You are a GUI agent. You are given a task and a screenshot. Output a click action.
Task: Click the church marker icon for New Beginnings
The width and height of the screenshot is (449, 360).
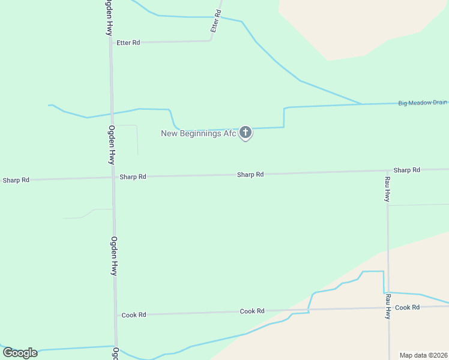click(x=245, y=132)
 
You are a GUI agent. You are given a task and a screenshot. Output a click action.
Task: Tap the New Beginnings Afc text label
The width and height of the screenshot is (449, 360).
click(x=199, y=133)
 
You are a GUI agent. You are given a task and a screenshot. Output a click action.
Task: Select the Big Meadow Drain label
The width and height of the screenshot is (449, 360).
click(x=423, y=103)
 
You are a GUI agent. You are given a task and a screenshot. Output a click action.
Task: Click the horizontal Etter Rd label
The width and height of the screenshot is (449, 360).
click(x=128, y=43)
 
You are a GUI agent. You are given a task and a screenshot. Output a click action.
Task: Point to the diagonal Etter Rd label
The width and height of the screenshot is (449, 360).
click(x=215, y=21)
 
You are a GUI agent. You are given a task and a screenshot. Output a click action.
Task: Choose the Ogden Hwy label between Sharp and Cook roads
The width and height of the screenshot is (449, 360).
click(x=113, y=256)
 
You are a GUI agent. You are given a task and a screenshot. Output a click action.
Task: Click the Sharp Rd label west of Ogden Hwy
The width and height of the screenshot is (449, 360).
click(x=16, y=180)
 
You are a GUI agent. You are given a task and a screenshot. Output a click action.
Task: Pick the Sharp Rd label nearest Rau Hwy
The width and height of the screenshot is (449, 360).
click(x=406, y=170)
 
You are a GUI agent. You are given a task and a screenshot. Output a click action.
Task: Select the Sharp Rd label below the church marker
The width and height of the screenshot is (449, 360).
click(x=250, y=175)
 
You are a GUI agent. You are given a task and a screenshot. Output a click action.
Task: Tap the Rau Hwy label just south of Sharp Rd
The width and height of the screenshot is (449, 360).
click(x=388, y=188)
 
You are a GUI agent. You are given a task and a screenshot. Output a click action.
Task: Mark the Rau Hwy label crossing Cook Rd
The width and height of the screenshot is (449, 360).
click(x=388, y=305)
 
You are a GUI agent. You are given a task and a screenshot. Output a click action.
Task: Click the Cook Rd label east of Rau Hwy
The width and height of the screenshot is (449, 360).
click(x=407, y=307)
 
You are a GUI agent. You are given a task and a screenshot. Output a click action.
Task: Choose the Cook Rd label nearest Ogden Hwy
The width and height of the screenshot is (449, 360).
click(x=134, y=315)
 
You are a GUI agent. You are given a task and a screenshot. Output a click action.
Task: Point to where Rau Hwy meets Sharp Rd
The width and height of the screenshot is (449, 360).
click(x=387, y=171)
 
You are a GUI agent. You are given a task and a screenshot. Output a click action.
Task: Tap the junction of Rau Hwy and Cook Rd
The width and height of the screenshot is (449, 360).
click(x=388, y=308)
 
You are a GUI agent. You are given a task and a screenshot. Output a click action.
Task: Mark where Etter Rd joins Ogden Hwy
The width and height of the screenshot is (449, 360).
click(x=110, y=43)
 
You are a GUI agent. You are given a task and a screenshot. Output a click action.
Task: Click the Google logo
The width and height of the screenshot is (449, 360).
click(x=20, y=353)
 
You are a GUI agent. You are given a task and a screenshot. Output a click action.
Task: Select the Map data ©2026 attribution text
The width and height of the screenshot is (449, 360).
click(x=423, y=355)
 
